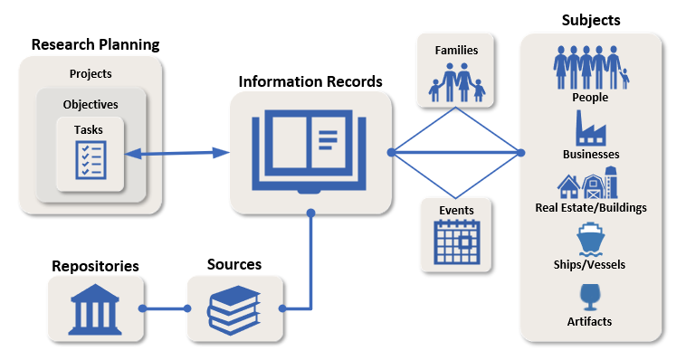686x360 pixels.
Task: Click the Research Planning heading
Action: (x=95, y=44)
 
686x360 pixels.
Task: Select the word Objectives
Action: (x=91, y=104)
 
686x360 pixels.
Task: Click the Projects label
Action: (x=91, y=74)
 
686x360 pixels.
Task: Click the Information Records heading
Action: (x=310, y=81)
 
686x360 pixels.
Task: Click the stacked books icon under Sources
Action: (x=234, y=308)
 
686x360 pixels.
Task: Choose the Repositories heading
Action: (x=95, y=266)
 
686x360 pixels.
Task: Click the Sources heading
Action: (x=234, y=265)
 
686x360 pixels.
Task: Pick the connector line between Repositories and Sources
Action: (x=165, y=308)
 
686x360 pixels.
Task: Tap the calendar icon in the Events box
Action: (x=457, y=242)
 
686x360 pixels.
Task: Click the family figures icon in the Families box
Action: (x=457, y=81)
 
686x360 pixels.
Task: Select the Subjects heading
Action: (x=591, y=20)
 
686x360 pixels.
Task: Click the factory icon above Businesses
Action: (x=590, y=128)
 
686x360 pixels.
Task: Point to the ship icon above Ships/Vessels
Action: (x=590, y=240)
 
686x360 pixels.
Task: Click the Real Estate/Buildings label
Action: (x=591, y=208)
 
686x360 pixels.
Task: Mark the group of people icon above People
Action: (x=590, y=67)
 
